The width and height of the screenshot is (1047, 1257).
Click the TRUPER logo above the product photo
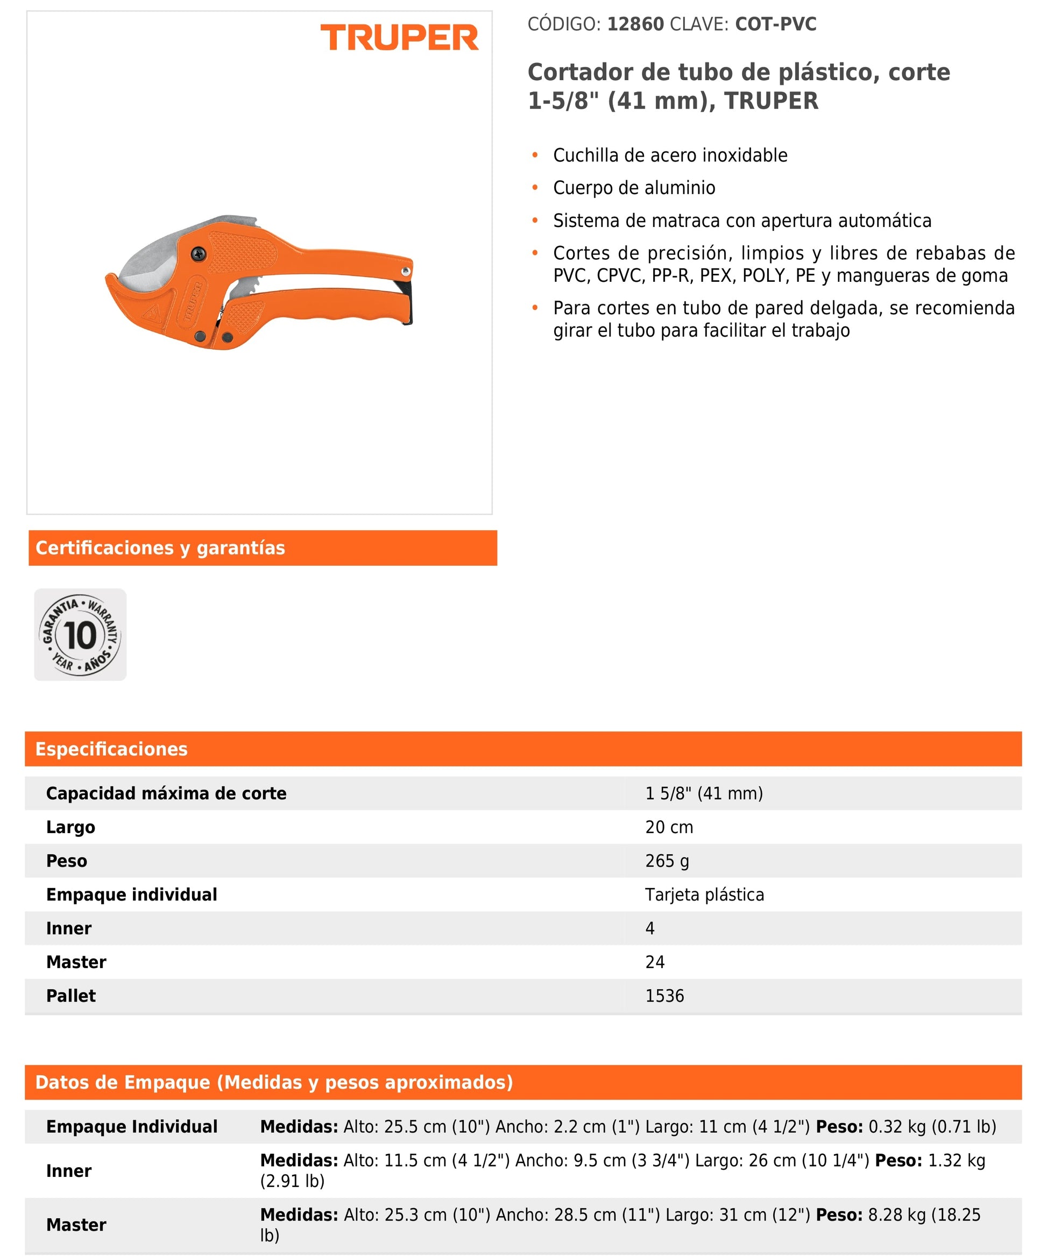click(399, 37)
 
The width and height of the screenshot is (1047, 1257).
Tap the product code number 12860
click(635, 24)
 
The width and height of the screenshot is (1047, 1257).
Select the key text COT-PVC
click(775, 24)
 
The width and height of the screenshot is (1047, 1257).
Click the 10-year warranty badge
click(80, 635)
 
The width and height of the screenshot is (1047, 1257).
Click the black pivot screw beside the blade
click(197, 254)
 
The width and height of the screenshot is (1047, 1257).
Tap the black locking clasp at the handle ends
click(407, 302)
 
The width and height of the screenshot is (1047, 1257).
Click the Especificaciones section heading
click(111, 749)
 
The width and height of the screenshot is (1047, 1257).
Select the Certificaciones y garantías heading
click(160, 548)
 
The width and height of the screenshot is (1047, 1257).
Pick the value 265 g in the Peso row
click(667, 861)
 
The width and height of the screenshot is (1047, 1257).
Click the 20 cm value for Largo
click(669, 827)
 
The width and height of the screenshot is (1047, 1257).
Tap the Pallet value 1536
click(664, 996)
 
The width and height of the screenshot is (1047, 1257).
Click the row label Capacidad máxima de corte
click(166, 794)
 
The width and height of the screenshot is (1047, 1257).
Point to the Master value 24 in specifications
click(655, 962)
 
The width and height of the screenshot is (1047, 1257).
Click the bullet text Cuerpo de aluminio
click(634, 188)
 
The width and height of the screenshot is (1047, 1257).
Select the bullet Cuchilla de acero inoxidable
click(670, 155)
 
